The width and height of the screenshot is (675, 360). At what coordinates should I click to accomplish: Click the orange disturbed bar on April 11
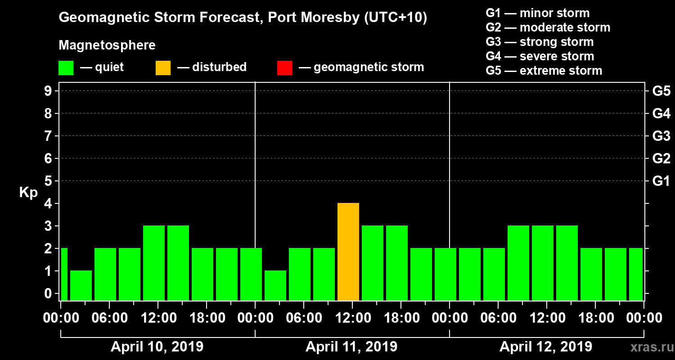point(348,252)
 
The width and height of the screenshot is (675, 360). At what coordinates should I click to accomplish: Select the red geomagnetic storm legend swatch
point(284,68)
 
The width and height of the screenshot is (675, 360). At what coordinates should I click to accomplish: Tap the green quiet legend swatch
point(66,68)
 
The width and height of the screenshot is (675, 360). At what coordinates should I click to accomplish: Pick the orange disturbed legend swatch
point(163,68)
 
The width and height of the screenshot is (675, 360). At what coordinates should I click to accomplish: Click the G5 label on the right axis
point(661,91)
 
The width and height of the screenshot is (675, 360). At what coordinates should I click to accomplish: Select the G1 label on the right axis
point(661,181)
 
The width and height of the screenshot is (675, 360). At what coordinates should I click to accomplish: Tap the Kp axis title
point(28,193)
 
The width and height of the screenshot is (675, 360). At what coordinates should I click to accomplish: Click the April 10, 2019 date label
point(157,347)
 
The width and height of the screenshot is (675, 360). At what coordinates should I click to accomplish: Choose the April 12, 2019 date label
point(546,347)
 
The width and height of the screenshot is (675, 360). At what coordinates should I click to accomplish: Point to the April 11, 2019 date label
point(351,347)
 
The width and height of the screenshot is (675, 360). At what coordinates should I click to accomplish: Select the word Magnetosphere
point(107,45)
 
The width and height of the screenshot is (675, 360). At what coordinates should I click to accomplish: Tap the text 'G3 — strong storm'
point(540,42)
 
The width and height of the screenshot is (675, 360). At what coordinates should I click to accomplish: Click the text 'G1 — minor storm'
point(537,13)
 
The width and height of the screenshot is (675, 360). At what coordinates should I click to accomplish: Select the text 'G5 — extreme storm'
point(544,71)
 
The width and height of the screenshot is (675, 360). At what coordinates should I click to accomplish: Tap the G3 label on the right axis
point(661,136)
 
